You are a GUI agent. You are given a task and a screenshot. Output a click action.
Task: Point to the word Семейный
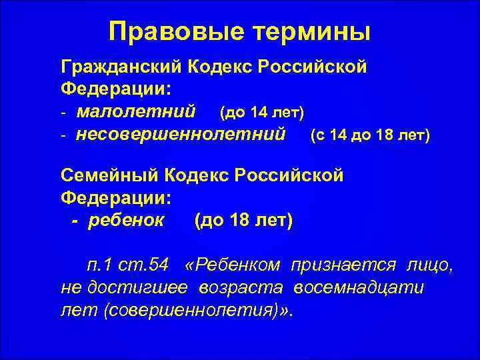tap(112, 176)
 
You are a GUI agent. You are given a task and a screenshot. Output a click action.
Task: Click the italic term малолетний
tap(135, 109)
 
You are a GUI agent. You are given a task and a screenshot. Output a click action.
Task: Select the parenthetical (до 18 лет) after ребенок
tap(243, 219)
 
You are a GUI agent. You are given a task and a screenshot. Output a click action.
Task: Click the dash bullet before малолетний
tap(63, 109)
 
